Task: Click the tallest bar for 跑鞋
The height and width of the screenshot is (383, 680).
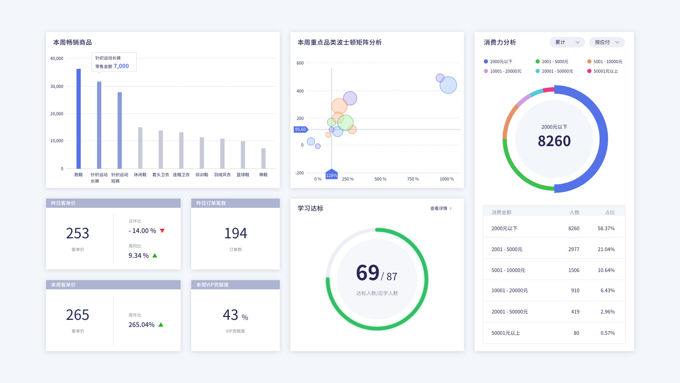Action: (79, 119)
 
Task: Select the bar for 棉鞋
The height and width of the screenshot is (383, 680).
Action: (263, 159)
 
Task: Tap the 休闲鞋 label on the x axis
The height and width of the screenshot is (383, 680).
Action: (140, 175)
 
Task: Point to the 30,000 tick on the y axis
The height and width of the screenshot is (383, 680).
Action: (57, 87)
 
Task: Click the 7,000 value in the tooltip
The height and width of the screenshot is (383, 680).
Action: (121, 66)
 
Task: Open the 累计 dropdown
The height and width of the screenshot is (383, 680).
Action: (567, 42)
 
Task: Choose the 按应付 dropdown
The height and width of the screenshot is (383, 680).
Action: (607, 42)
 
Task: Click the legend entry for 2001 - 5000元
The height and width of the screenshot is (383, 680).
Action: (552, 62)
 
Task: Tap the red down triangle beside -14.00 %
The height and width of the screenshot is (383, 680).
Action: (162, 231)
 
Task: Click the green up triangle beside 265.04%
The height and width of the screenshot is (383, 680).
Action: (161, 325)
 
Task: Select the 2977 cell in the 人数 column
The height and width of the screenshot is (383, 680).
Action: (574, 250)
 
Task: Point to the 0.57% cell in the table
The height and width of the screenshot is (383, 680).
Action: (607, 333)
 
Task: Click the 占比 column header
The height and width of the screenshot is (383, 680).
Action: (610, 212)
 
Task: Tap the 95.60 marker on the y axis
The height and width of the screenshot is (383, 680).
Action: (300, 129)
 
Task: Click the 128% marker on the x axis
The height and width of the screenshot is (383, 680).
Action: (331, 175)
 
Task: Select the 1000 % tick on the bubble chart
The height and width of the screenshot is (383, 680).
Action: (447, 179)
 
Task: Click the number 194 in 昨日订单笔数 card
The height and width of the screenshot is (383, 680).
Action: (236, 233)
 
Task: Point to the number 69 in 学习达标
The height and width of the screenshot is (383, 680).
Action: (368, 273)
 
